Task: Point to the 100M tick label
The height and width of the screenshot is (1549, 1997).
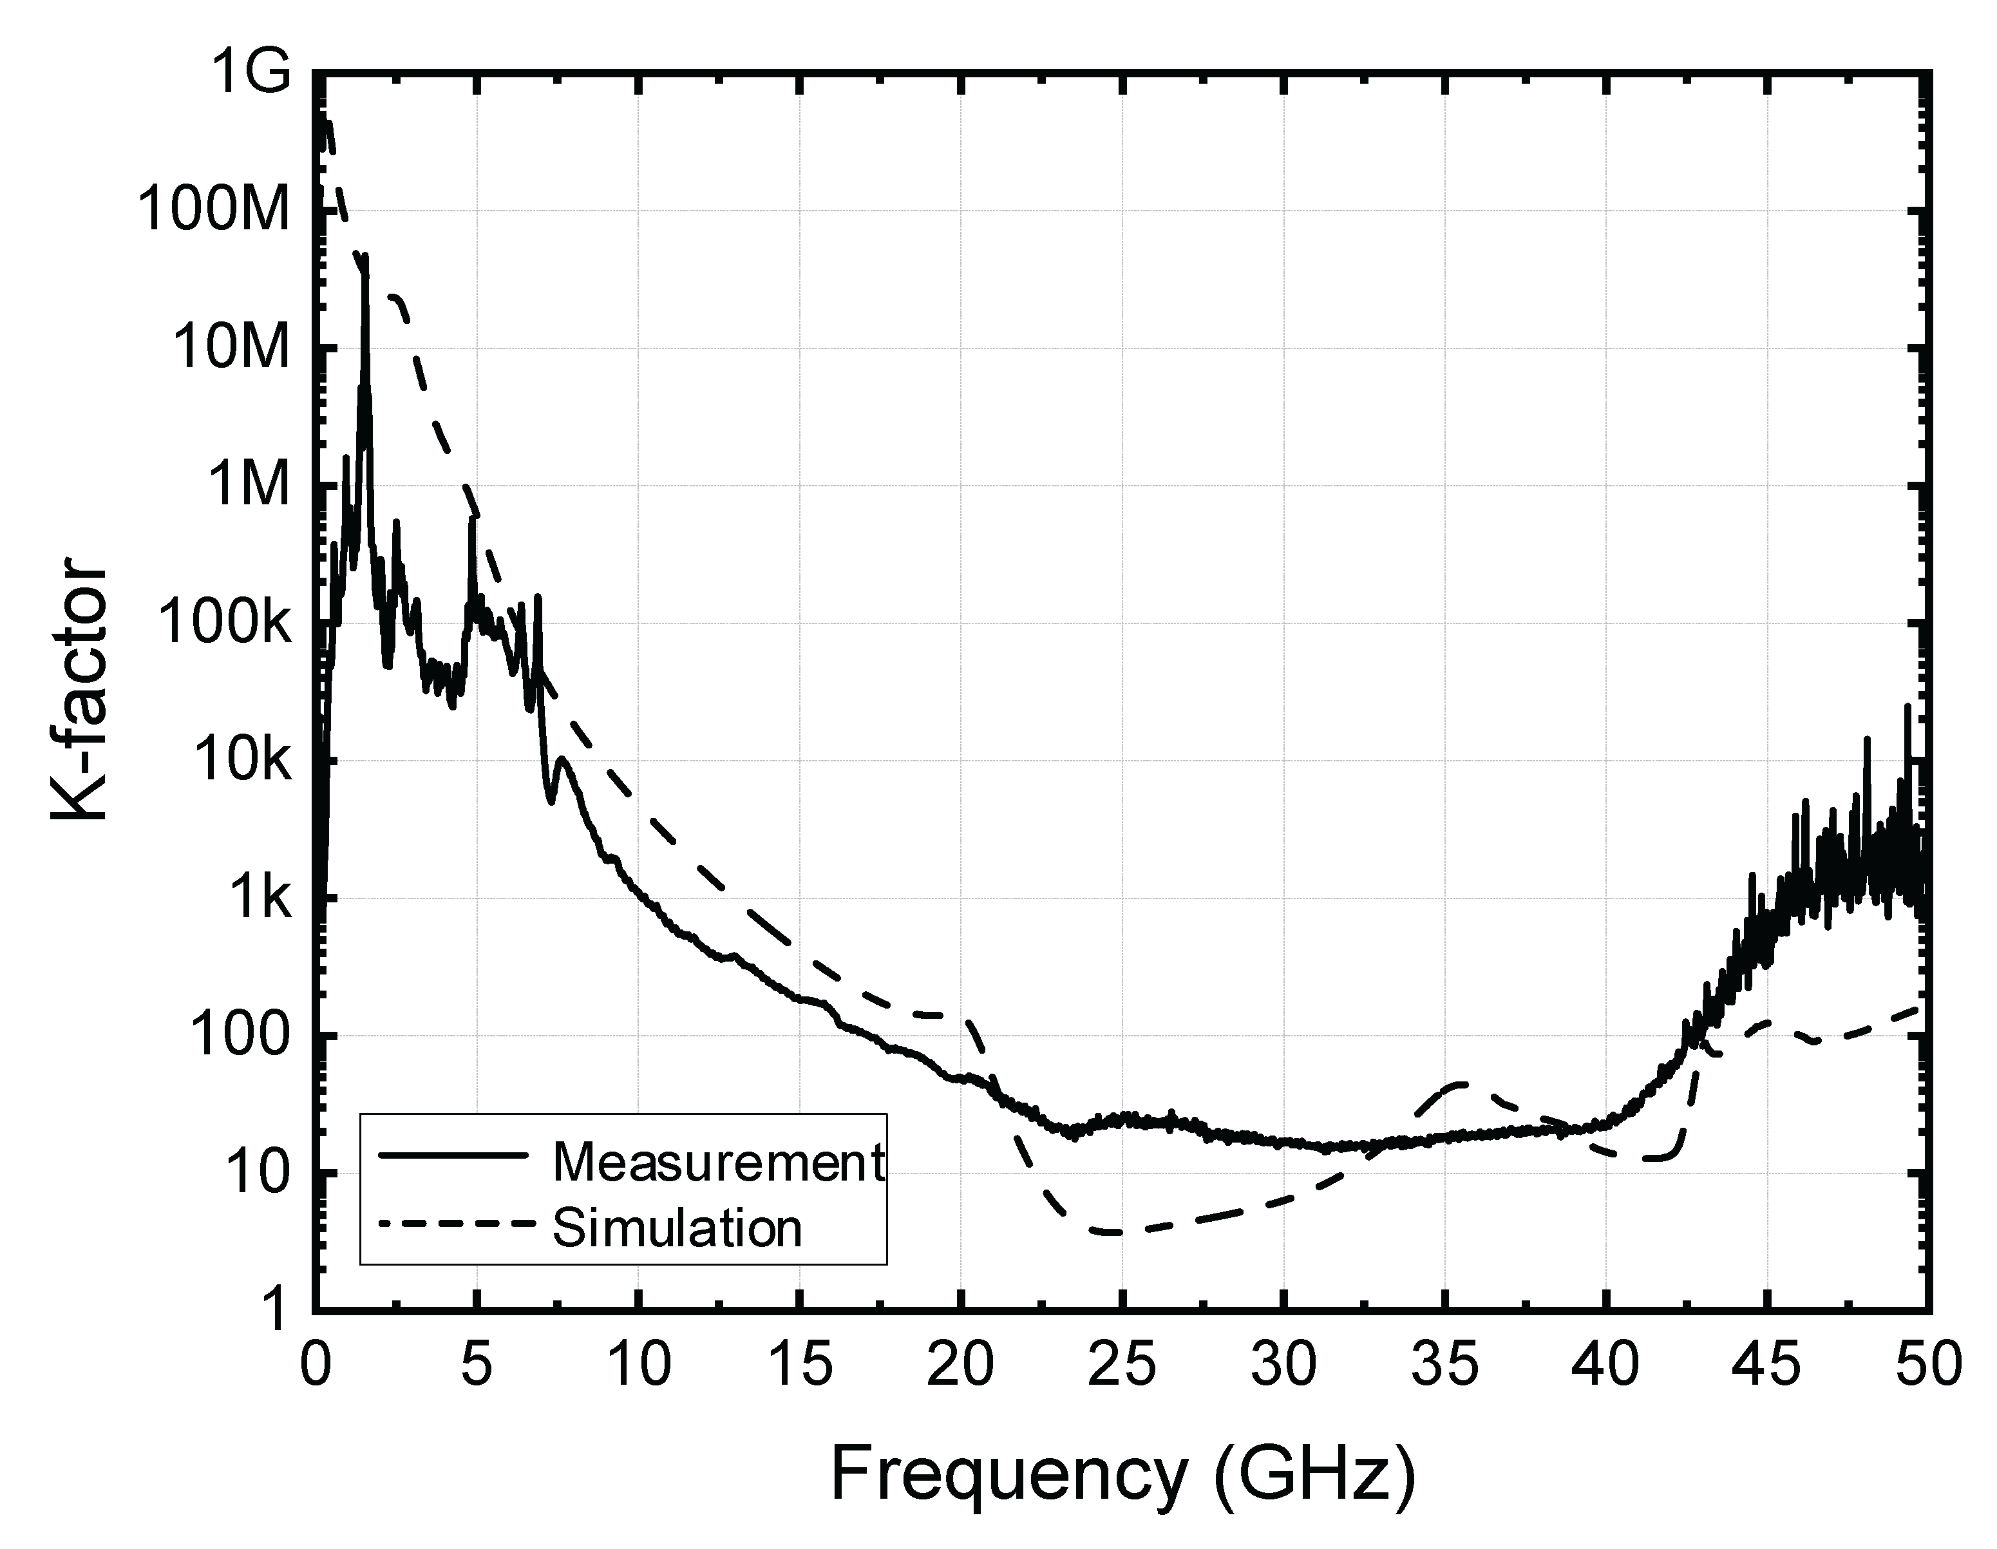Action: tap(213, 211)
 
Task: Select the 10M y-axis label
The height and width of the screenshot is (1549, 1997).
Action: tap(229, 348)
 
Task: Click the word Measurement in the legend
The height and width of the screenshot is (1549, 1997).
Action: tap(719, 1162)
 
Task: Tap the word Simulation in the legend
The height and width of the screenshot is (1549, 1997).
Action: tap(677, 1228)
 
